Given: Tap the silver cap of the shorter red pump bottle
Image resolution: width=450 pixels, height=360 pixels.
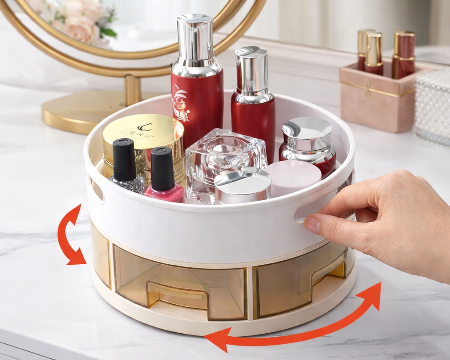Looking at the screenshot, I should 251,70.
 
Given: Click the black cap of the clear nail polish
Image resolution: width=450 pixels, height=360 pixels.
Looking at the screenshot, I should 124,159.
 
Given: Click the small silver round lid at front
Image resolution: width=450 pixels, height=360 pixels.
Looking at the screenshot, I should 243,185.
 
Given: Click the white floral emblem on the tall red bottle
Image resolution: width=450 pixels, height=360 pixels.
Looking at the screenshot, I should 181,104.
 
